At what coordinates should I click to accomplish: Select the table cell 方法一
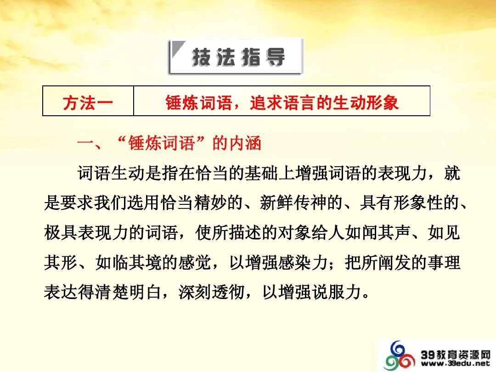[x=88, y=103]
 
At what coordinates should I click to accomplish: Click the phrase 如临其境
[x=127, y=263]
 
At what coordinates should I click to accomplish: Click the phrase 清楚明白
[x=127, y=292]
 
